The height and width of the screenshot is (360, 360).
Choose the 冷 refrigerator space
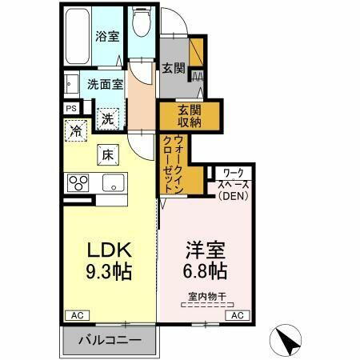coord(77,130)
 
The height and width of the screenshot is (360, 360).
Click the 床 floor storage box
coord(106,154)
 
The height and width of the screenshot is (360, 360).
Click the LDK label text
coord(108,248)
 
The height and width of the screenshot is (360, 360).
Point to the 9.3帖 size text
coord(108,271)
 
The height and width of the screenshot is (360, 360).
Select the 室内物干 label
coord(207,297)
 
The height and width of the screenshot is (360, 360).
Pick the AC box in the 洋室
coord(237,315)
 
